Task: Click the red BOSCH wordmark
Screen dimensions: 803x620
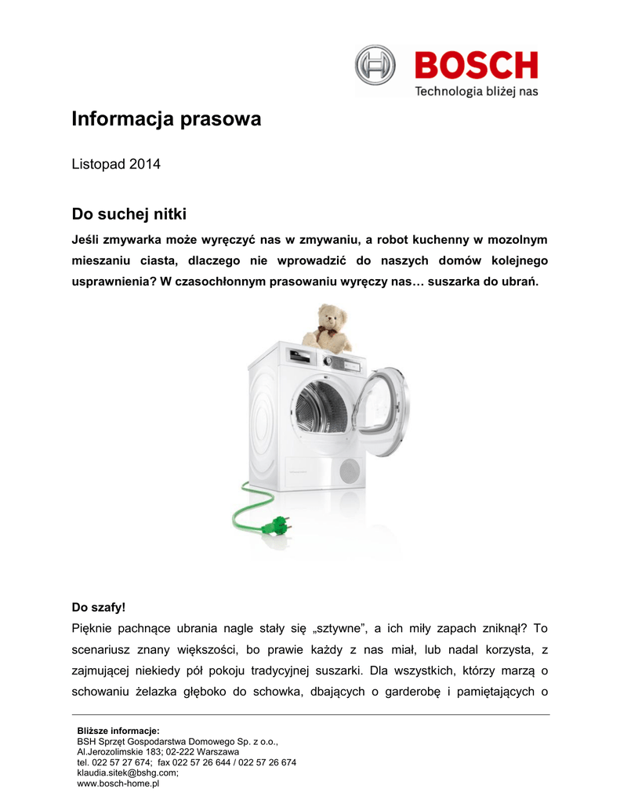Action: coord(476,65)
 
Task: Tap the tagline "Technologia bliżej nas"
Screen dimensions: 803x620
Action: coord(476,92)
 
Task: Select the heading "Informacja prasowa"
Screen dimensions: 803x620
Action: coord(166,120)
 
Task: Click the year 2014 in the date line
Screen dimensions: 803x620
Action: coord(145,165)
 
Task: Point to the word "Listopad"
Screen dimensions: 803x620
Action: coord(99,165)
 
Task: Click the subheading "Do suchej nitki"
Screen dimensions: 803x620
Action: coord(129,213)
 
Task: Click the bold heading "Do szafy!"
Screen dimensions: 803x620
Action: coord(99,607)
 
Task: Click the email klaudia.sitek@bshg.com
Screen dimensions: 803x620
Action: coord(127,772)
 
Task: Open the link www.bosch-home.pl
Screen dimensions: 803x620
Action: coord(118,783)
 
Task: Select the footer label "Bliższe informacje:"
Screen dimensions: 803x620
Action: coord(118,730)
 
